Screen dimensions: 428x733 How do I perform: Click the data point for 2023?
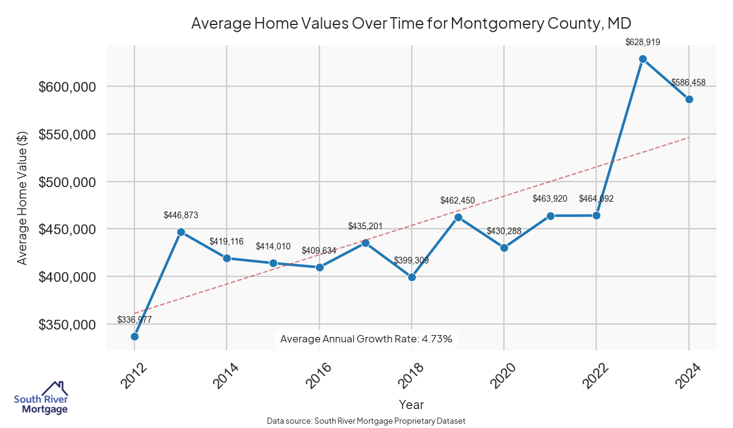643,59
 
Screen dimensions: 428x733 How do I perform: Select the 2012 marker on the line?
134,336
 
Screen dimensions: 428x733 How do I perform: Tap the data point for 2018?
412,277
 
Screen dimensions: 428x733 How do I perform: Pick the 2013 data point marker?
181,232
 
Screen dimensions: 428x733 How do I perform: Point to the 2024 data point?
689,99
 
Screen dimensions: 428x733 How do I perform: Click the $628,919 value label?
643,42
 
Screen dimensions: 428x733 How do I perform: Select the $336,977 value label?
134,320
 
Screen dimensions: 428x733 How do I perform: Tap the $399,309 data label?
412,260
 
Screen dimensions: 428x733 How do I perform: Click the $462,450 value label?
458,201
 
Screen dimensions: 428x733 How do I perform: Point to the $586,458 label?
689,83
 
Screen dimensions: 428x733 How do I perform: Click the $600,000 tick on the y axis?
67,87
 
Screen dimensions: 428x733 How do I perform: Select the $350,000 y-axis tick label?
67,325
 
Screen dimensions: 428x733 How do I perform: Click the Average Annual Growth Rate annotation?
366,339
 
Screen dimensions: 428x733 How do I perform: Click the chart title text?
410,23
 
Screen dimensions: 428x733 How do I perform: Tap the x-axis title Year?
411,404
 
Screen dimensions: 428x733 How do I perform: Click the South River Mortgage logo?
41,398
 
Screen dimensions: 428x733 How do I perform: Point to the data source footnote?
366,421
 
